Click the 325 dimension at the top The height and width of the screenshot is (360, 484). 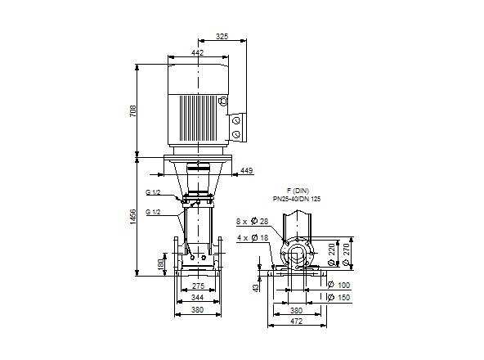tap(222, 37)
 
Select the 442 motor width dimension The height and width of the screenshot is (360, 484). tap(197, 52)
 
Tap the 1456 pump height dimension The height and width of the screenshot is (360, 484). tap(133, 216)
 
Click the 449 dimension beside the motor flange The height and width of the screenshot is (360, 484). tap(246, 171)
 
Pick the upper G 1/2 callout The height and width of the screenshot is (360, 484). tap(153, 192)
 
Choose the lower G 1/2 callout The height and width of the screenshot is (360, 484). tap(153, 212)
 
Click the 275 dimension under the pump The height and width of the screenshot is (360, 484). tap(197, 286)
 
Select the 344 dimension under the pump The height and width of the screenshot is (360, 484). tap(197, 299)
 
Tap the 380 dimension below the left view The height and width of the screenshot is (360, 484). tap(197, 311)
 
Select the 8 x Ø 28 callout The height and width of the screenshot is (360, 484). tap(252, 222)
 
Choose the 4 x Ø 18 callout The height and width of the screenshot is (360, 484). tap(252, 237)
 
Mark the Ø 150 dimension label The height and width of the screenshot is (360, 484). tap(338, 298)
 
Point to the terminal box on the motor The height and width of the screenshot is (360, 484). tap(236, 128)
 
